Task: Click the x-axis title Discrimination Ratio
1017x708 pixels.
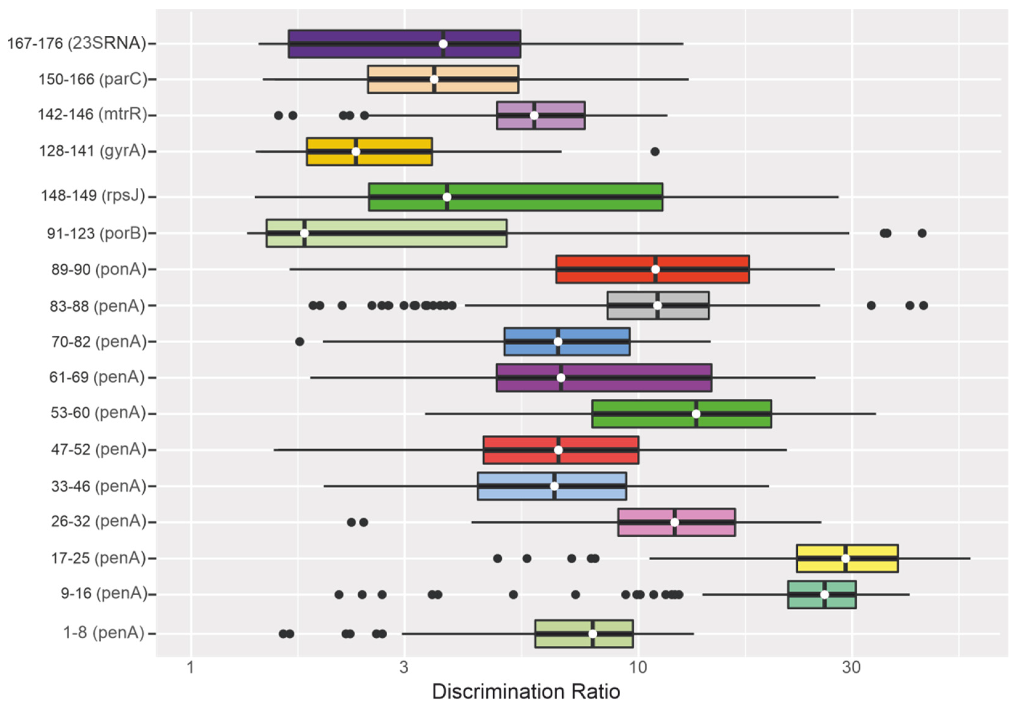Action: (x=526, y=691)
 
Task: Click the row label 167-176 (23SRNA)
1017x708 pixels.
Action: (x=77, y=43)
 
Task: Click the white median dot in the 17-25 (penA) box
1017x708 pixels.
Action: (x=845, y=558)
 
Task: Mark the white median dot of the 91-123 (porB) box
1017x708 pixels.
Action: (x=304, y=233)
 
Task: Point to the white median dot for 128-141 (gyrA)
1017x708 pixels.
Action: (x=356, y=152)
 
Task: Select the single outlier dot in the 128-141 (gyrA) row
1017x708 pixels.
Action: (x=655, y=152)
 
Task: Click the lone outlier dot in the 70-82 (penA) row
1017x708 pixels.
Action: (x=299, y=342)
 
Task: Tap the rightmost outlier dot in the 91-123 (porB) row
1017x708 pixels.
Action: (x=922, y=233)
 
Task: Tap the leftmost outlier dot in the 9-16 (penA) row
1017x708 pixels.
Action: (x=339, y=594)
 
